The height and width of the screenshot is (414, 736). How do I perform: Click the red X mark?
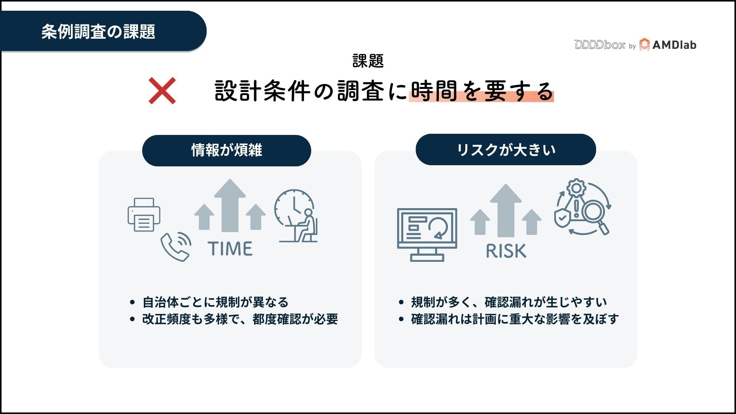(162, 90)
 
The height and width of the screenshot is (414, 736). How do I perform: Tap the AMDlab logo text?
(674, 45)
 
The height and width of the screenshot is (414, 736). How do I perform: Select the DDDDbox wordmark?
(600, 45)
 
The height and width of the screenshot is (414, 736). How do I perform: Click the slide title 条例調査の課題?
(98, 31)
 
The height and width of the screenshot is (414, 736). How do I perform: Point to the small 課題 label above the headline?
(368, 61)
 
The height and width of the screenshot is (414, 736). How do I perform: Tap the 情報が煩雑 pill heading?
(227, 150)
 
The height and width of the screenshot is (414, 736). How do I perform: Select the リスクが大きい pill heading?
(506, 149)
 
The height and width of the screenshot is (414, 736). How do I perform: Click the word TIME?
(230, 248)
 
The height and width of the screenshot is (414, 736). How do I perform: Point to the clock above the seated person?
(293, 207)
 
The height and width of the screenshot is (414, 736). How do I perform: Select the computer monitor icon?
(427, 234)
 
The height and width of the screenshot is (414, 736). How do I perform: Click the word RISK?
(506, 251)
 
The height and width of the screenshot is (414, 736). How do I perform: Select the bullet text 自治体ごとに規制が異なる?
(215, 302)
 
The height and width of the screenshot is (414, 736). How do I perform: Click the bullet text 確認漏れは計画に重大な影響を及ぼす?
(515, 319)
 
